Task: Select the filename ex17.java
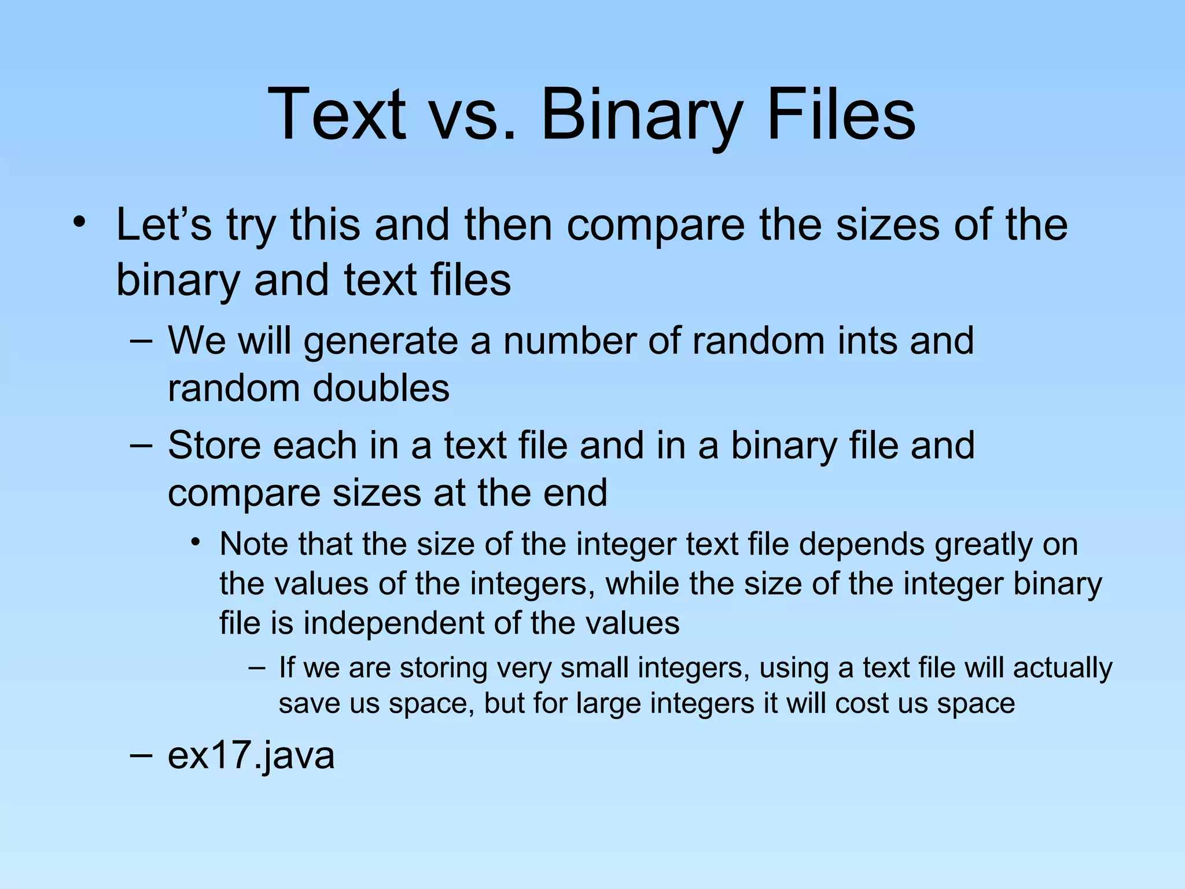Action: point(251,756)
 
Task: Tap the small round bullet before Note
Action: point(196,543)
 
